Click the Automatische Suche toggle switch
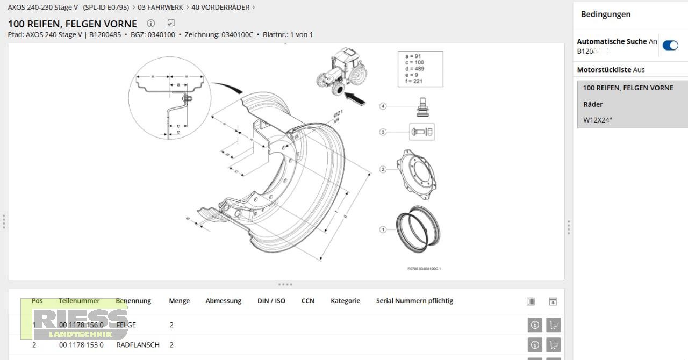tap(670, 46)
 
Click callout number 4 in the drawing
tap(383, 106)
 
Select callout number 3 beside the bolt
tap(383, 132)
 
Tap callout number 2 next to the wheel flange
tap(383, 169)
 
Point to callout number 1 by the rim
tap(383, 229)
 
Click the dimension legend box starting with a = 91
tap(420, 69)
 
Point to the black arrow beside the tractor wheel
tap(355, 98)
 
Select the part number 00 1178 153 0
tap(81, 345)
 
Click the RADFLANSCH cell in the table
tap(138, 345)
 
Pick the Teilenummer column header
tap(79, 301)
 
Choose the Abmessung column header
tap(223, 301)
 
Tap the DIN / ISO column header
tap(271, 301)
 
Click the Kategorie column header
tap(345, 301)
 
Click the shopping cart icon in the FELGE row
tap(553, 325)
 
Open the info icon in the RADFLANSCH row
tap(534, 345)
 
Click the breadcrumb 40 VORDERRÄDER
tap(220, 8)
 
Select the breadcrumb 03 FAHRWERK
tap(160, 8)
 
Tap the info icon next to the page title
tap(151, 24)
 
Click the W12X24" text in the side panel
tap(598, 120)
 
